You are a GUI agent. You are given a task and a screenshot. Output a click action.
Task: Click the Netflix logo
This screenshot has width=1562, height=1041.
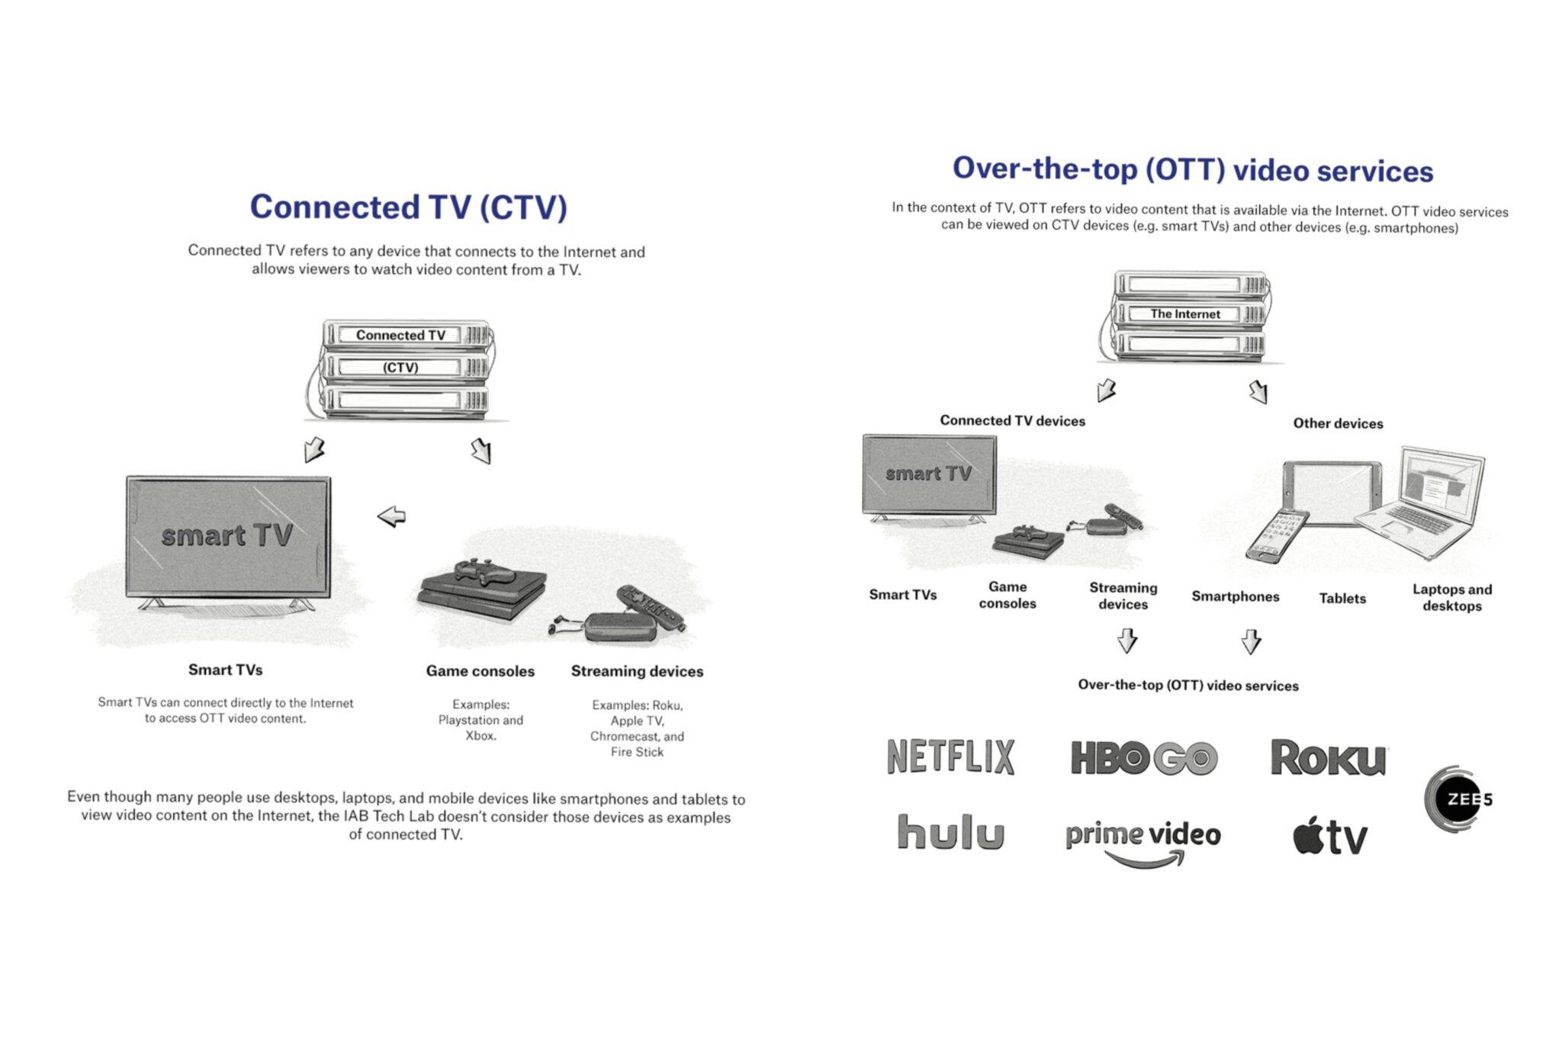pyautogui.click(x=950, y=757)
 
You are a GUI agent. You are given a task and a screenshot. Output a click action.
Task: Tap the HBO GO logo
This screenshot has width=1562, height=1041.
pyautogui.click(x=1143, y=758)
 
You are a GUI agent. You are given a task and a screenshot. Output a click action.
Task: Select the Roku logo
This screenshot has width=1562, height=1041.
pyautogui.click(x=1328, y=758)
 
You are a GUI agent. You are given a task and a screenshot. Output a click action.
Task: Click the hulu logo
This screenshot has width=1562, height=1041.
pyautogui.click(x=950, y=832)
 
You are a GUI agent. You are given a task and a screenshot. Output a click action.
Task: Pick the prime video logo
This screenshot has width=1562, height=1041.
pyautogui.click(x=1143, y=839)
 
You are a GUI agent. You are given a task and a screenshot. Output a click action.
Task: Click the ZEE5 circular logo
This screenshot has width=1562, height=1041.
pyautogui.click(x=1455, y=798)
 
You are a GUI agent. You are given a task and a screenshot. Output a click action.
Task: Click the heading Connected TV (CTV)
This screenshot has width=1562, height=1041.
pyautogui.click(x=409, y=207)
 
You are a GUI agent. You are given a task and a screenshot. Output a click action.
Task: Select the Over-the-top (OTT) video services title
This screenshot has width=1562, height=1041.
pyautogui.click(x=1193, y=169)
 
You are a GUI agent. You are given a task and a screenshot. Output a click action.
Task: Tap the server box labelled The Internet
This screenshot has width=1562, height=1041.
pyautogui.click(x=1185, y=314)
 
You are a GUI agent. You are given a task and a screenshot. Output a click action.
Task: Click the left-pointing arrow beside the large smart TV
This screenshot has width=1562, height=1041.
pyautogui.click(x=391, y=516)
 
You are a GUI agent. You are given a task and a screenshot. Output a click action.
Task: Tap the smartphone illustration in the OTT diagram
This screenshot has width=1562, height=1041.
pyautogui.click(x=1275, y=536)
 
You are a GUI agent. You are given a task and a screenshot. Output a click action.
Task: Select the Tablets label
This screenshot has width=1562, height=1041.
pyautogui.click(x=1342, y=598)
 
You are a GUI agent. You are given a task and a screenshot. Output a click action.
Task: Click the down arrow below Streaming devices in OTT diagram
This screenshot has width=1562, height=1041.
pyautogui.click(x=1127, y=641)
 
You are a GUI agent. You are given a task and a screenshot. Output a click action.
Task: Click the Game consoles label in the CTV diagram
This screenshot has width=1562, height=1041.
pyautogui.click(x=480, y=671)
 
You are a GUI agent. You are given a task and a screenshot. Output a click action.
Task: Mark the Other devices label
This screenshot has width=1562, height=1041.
pyautogui.click(x=1338, y=423)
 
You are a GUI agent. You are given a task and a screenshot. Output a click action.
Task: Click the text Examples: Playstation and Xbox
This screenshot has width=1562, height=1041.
pyautogui.click(x=480, y=720)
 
